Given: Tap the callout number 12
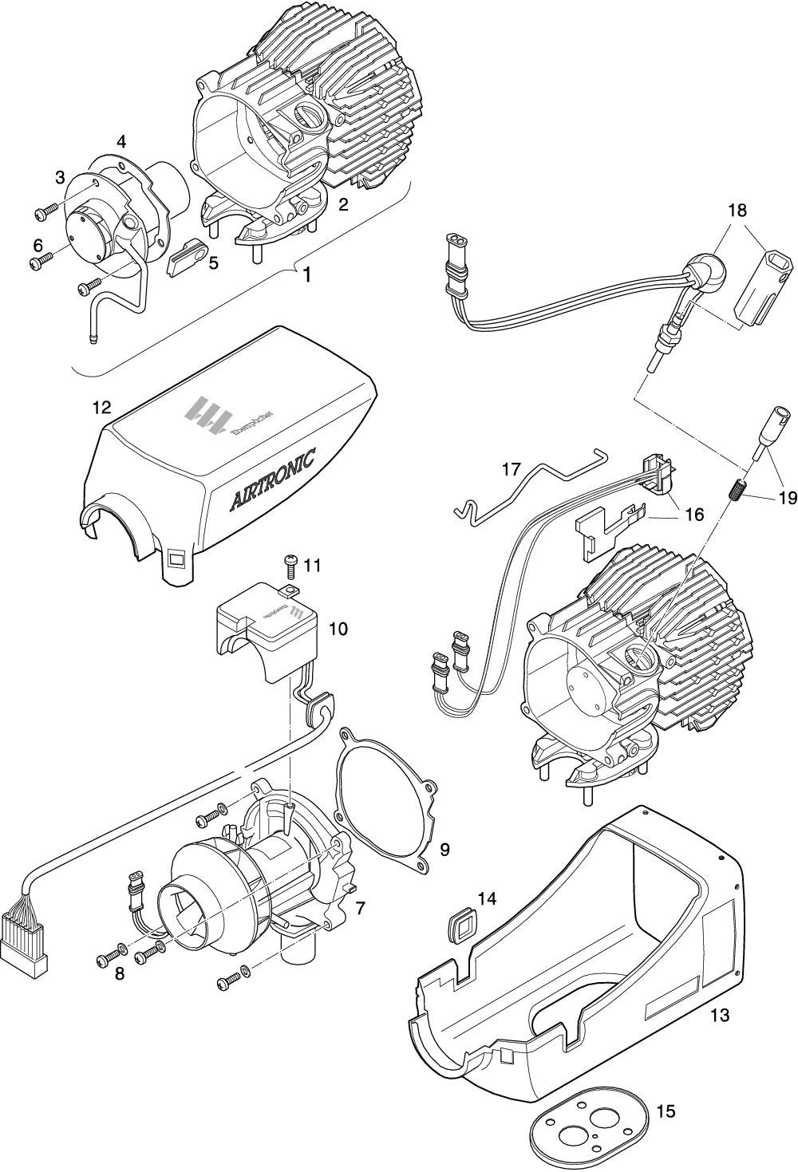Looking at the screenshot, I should click(x=101, y=408).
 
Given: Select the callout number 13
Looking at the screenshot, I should click(x=720, y=1016).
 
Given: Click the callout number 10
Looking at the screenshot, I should click(x=338, y=629).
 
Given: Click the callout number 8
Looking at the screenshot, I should click(x=119, y=974).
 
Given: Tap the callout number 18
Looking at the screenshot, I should click(x=737, y=211).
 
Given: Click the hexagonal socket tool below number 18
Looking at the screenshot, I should click(x=765, y=278).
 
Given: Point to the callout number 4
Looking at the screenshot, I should click(x=121, y=142).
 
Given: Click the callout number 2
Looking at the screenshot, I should click(x=343, y=204).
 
